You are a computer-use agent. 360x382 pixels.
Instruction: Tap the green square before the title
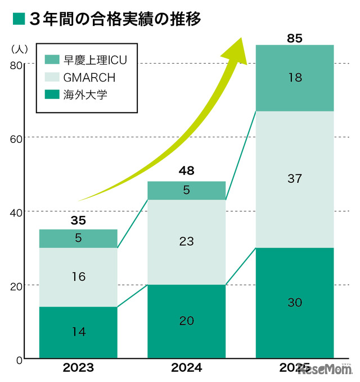19,19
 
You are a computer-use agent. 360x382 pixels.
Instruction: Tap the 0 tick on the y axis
19,358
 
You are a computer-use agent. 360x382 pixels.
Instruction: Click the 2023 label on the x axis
78,369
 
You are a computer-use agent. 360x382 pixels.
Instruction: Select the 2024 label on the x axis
186,369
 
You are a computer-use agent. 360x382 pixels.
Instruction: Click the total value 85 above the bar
294,38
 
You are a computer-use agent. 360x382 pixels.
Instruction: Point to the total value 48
186,171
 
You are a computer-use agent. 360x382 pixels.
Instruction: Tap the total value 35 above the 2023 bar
78,219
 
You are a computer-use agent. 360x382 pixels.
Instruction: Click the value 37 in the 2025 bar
294,179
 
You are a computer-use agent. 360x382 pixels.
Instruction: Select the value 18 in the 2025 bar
294,78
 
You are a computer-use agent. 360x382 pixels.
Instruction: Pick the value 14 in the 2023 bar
78,332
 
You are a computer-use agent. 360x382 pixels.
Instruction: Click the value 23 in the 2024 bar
186,241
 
